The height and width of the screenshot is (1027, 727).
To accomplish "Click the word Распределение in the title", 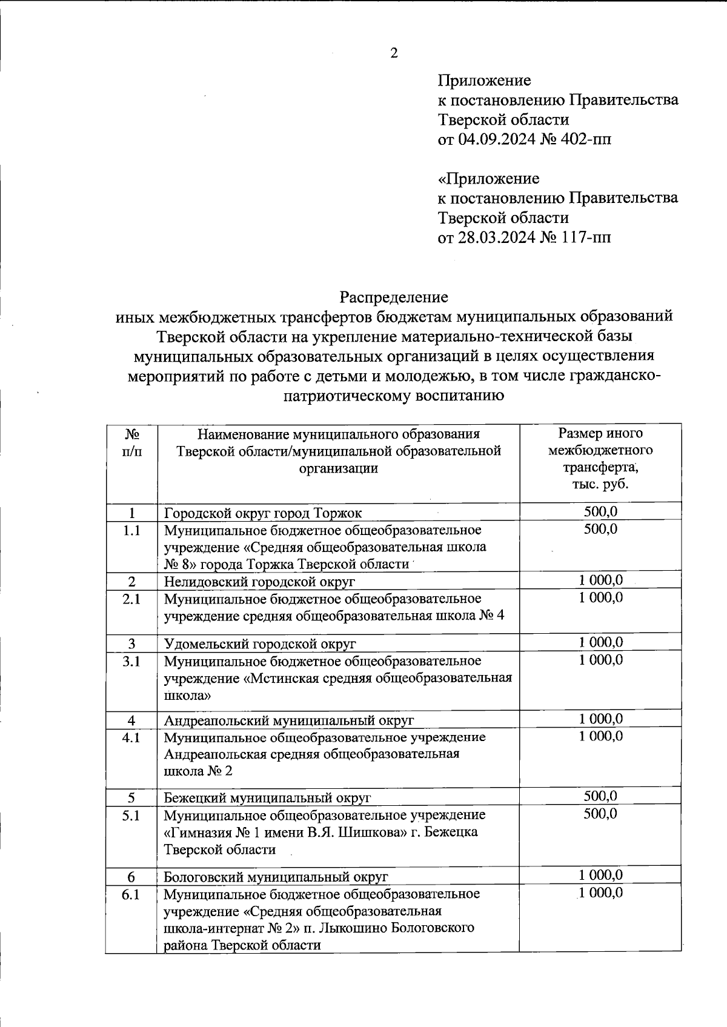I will (394, 297).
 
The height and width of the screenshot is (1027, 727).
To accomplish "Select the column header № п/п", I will (132, 443).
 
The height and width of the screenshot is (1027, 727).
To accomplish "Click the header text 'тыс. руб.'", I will (600, 485).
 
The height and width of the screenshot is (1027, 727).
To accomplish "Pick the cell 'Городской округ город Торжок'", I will (263, 513).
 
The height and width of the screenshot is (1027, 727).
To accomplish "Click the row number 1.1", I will (131, 531).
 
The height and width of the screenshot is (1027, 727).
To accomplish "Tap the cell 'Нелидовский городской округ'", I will (259, 582).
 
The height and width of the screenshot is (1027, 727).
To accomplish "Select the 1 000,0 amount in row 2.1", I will (600, 598).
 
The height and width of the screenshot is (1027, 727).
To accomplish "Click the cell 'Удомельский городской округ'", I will (260, 643).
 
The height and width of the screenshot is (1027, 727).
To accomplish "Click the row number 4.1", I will (131, 738).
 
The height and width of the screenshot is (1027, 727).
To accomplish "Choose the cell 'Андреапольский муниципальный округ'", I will (289, 721).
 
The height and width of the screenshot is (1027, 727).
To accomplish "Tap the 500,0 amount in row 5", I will (600, 796).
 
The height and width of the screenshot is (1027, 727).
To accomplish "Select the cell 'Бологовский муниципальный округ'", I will (276, 877).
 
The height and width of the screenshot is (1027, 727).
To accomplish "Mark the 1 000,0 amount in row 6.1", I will (600, 893).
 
